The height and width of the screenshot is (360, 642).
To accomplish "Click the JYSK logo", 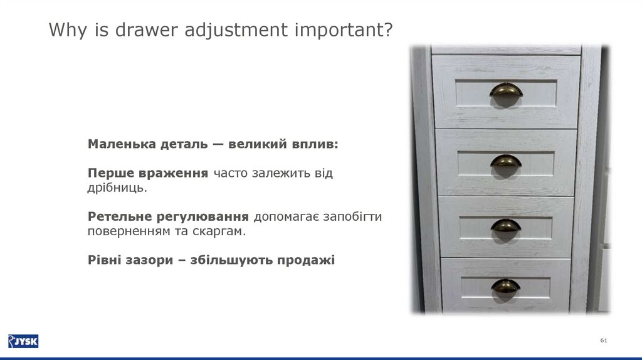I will click(x=23, y=341).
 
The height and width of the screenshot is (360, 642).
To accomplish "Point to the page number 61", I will click(x=604, y=340).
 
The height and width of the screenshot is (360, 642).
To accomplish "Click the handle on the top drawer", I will click(x=506, y=91).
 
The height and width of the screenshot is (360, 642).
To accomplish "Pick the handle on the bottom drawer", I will click(x=505, y=286).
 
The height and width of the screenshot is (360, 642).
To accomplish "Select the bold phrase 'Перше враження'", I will click(x=148, y=173).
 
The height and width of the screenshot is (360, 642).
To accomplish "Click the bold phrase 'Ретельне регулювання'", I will click(x=169, y=216).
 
